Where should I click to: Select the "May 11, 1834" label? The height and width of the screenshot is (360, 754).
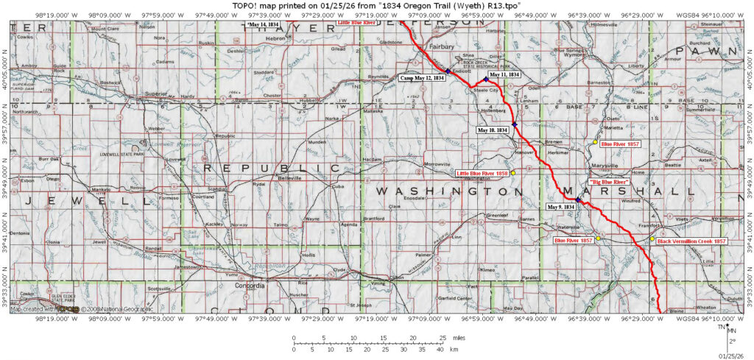point(504,74)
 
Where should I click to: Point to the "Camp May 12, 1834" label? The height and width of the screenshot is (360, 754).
point(422,77)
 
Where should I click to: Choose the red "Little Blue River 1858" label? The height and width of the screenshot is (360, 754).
point(482,173)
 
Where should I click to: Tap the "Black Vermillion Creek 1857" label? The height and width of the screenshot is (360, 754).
point(691,241)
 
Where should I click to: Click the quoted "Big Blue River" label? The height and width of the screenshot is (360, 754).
point(610,181)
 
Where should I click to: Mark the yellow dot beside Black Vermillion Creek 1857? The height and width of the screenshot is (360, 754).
point(652,239)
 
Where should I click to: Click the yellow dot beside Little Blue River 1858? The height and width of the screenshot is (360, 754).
point(513,172)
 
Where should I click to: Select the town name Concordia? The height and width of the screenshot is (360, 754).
point(249,285)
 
